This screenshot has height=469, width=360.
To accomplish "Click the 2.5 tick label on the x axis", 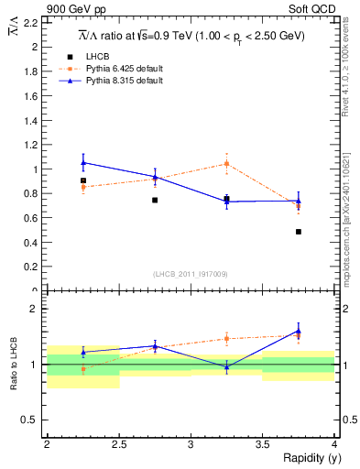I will coord(119,444).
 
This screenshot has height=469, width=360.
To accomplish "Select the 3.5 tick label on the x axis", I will coord(263,444).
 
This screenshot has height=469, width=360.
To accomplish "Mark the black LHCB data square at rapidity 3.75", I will coord(299,232).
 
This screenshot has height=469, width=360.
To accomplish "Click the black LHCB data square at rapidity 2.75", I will coord(155,200).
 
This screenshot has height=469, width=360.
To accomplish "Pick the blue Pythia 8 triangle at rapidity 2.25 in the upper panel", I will coord(83,162).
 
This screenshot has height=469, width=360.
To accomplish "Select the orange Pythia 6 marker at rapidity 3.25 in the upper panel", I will coord(226,164).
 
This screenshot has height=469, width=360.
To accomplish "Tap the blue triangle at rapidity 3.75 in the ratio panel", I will coord(299,331).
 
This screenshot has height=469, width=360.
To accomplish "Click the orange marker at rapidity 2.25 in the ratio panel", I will coord(83,370).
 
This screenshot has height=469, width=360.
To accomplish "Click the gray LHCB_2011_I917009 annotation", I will coord(191,274).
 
